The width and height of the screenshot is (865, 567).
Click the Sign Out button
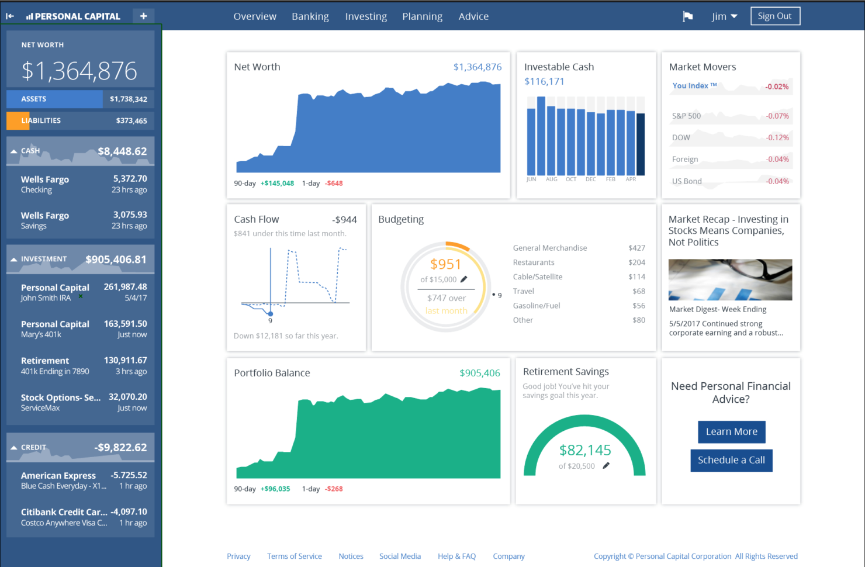tap(774, 16)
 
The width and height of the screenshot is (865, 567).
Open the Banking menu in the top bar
tap(310, 16)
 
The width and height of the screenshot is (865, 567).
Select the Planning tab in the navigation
tap(422, 16)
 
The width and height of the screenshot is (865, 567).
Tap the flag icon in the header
tap(688, 16)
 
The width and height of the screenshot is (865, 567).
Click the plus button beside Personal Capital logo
tap(143, 16)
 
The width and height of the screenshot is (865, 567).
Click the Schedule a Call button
tap(731, 460)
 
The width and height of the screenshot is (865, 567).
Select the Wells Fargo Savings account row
tap(81, 220)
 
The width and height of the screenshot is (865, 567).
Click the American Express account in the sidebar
tap(81, 480)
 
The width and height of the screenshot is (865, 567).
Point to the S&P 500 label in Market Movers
tap(686, 116)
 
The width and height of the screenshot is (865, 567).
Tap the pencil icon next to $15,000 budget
tap(464, 279)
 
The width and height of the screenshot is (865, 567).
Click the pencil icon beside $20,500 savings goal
tap(606, 466)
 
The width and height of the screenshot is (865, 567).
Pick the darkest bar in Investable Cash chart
tap(641, 144)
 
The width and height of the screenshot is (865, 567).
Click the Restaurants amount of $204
tap(636, 262)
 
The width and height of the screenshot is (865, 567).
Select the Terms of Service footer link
tap(294, 556)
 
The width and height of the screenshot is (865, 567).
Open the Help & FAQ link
tap(456, 556)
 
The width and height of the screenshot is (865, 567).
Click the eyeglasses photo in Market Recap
tap(730, 279)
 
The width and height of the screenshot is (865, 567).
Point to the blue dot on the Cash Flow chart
tap(271, 314)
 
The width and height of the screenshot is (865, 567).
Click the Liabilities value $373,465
tap(132, 121)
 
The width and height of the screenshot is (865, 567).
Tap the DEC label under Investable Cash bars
tap(591, 179)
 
